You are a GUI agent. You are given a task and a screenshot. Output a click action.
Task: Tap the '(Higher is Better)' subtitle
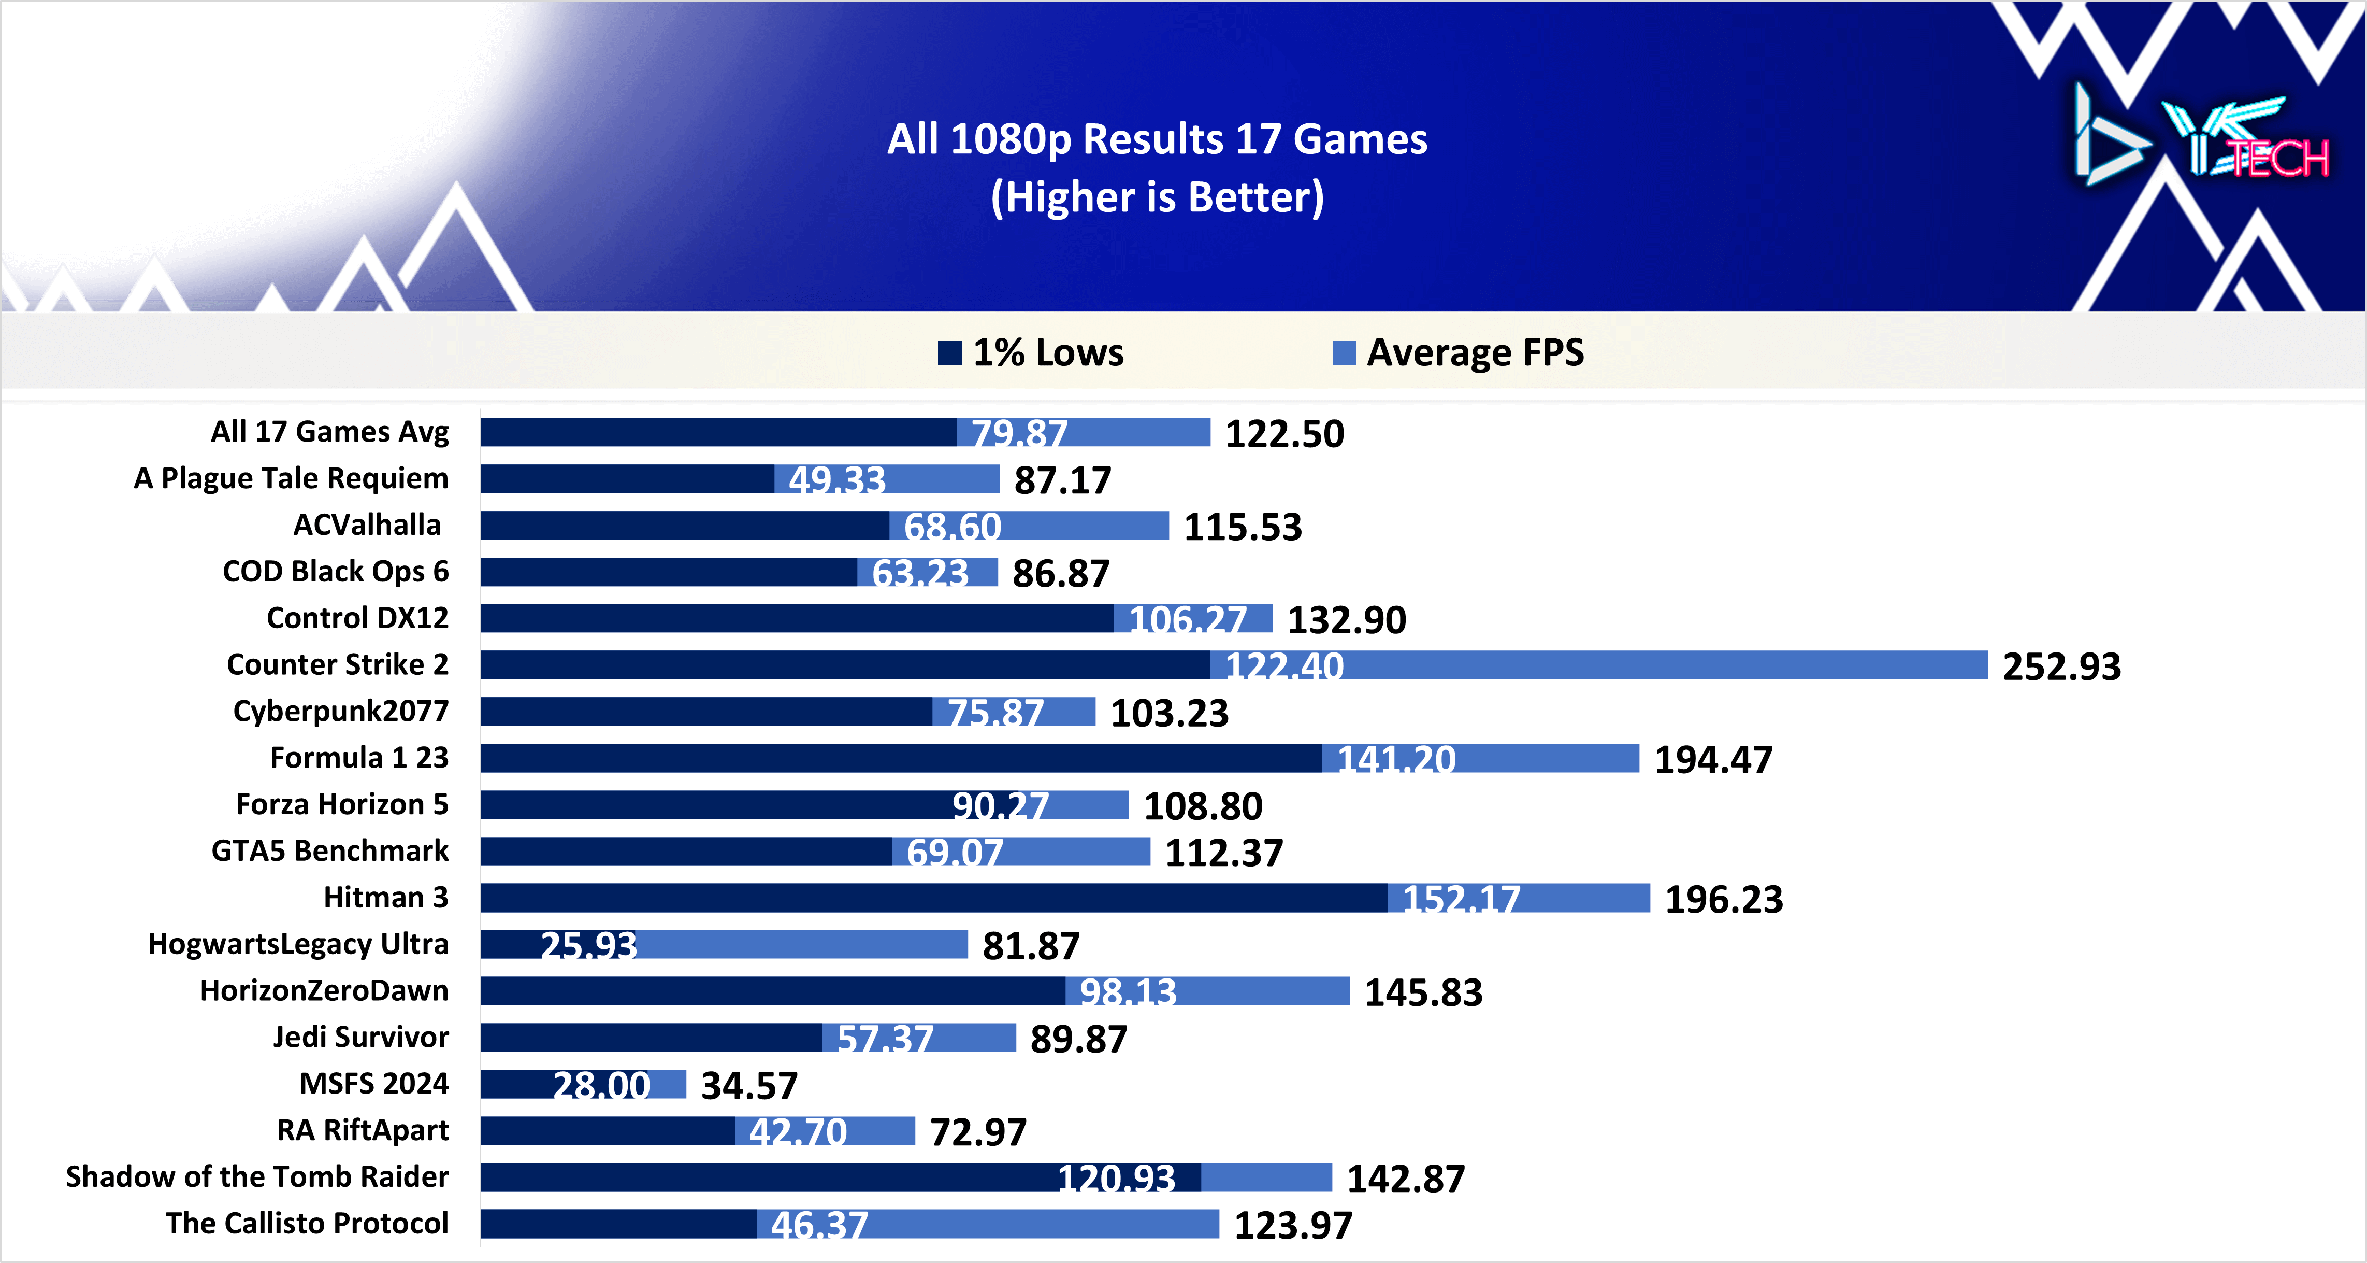tap(1157, 197)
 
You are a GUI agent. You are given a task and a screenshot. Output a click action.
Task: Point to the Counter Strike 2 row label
tap(337, 664)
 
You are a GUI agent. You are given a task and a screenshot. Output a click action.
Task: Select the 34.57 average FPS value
tap(749, 1086)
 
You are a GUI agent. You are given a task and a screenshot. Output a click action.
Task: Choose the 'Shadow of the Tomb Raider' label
tap(257, 1176)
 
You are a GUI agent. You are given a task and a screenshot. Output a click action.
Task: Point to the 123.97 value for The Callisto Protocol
tap(1293, 1225)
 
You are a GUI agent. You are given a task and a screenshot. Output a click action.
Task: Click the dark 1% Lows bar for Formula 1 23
tap(901, 758)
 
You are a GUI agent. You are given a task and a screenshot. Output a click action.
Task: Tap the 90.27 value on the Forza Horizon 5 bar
tap(1000, 806)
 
